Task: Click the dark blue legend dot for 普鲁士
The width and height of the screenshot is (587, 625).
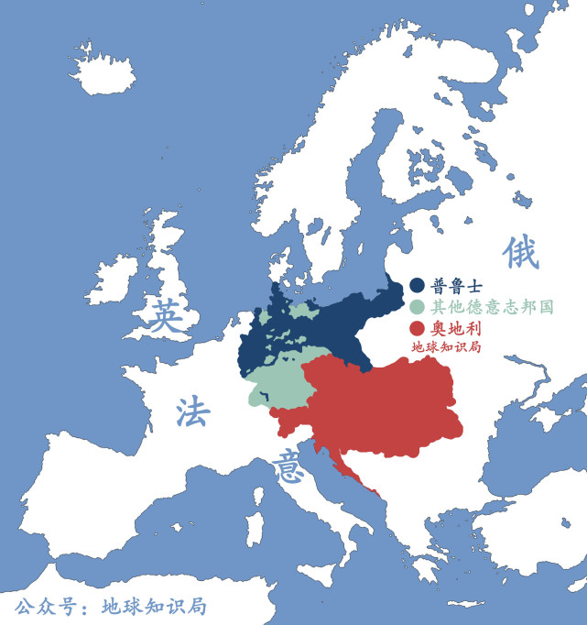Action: pos(418,286)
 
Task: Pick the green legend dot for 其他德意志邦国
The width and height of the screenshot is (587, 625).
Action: pos(418,307)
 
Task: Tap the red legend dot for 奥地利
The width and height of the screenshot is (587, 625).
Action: pos(418,328)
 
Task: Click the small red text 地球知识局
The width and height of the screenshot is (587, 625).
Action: pos(446,347)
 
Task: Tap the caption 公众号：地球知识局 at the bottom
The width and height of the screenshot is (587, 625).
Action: pos(110,607)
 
